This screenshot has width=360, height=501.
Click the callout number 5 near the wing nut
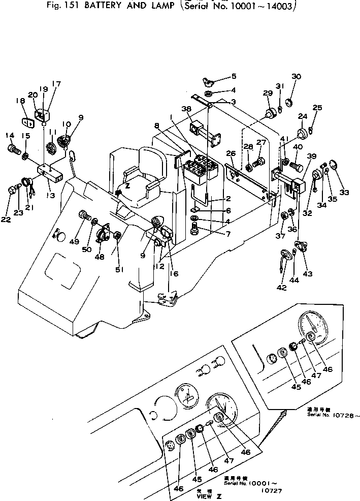coord(234,77)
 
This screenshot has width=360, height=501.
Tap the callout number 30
coord(296,77)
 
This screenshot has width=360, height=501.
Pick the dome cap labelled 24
coord(303,133)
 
